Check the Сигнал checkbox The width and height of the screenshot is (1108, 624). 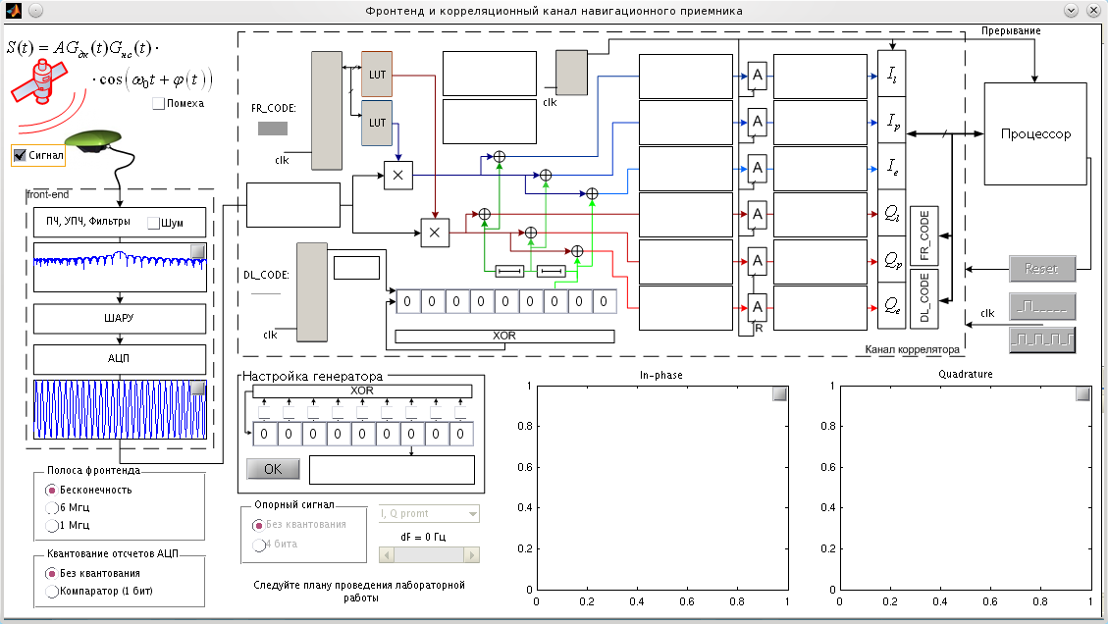20,155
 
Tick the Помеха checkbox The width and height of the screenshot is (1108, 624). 159,103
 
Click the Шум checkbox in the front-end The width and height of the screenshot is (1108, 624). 153,223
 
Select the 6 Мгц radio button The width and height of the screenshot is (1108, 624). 52,507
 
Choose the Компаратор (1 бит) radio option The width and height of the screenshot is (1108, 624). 52,591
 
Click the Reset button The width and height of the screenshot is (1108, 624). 1042,268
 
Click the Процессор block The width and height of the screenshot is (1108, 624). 1035,134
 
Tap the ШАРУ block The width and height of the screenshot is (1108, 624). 120,319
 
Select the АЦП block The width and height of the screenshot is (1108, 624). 120,359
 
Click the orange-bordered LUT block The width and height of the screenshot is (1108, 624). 377,75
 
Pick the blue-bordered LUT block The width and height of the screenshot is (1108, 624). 377,123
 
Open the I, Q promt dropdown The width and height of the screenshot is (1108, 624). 429,513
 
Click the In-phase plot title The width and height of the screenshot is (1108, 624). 660,375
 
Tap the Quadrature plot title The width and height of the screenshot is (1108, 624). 965,374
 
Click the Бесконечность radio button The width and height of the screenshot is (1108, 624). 52,490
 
